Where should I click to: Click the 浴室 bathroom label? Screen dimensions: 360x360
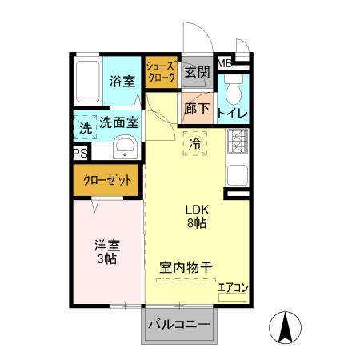(123, 80)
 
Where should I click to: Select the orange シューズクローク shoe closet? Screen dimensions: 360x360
(161, 71)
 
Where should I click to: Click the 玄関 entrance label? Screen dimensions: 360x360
(197, 72)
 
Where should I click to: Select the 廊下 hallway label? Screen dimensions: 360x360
(196, 108)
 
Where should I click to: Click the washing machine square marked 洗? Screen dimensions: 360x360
(85, 127)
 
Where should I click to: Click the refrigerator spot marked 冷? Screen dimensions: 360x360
(195, 143)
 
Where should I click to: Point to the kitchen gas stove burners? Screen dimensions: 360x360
(238, 143)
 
